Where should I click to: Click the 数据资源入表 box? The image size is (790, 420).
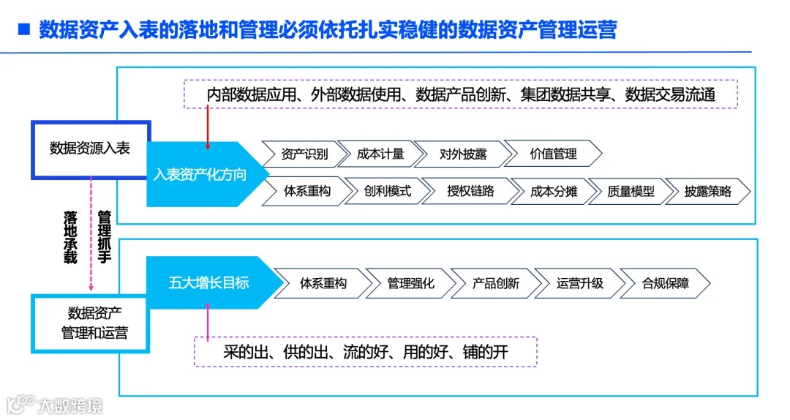pyautogui.click(x=90, y=149)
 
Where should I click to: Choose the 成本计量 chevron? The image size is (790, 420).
pyautogui.click(x=380, y=154)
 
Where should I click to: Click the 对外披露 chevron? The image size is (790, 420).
pyautogui.click(x=463, y=154)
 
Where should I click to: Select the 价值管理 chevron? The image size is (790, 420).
pyautogui.click(x=553, y=154)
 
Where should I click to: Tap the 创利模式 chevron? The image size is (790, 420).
pyautogui.click(x=388, y=192)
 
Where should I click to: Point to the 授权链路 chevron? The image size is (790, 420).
pyautogui.click(x=471, y=192)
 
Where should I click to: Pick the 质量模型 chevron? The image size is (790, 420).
pyautogui.click(x=631, y=192)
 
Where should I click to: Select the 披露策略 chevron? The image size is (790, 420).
pyautogui.click(x=707, y=192)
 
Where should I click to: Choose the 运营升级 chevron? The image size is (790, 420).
pyautogui.click(x=580, y=283)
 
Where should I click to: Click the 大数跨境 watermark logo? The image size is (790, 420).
pyautogui.click(x=55, y=405)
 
